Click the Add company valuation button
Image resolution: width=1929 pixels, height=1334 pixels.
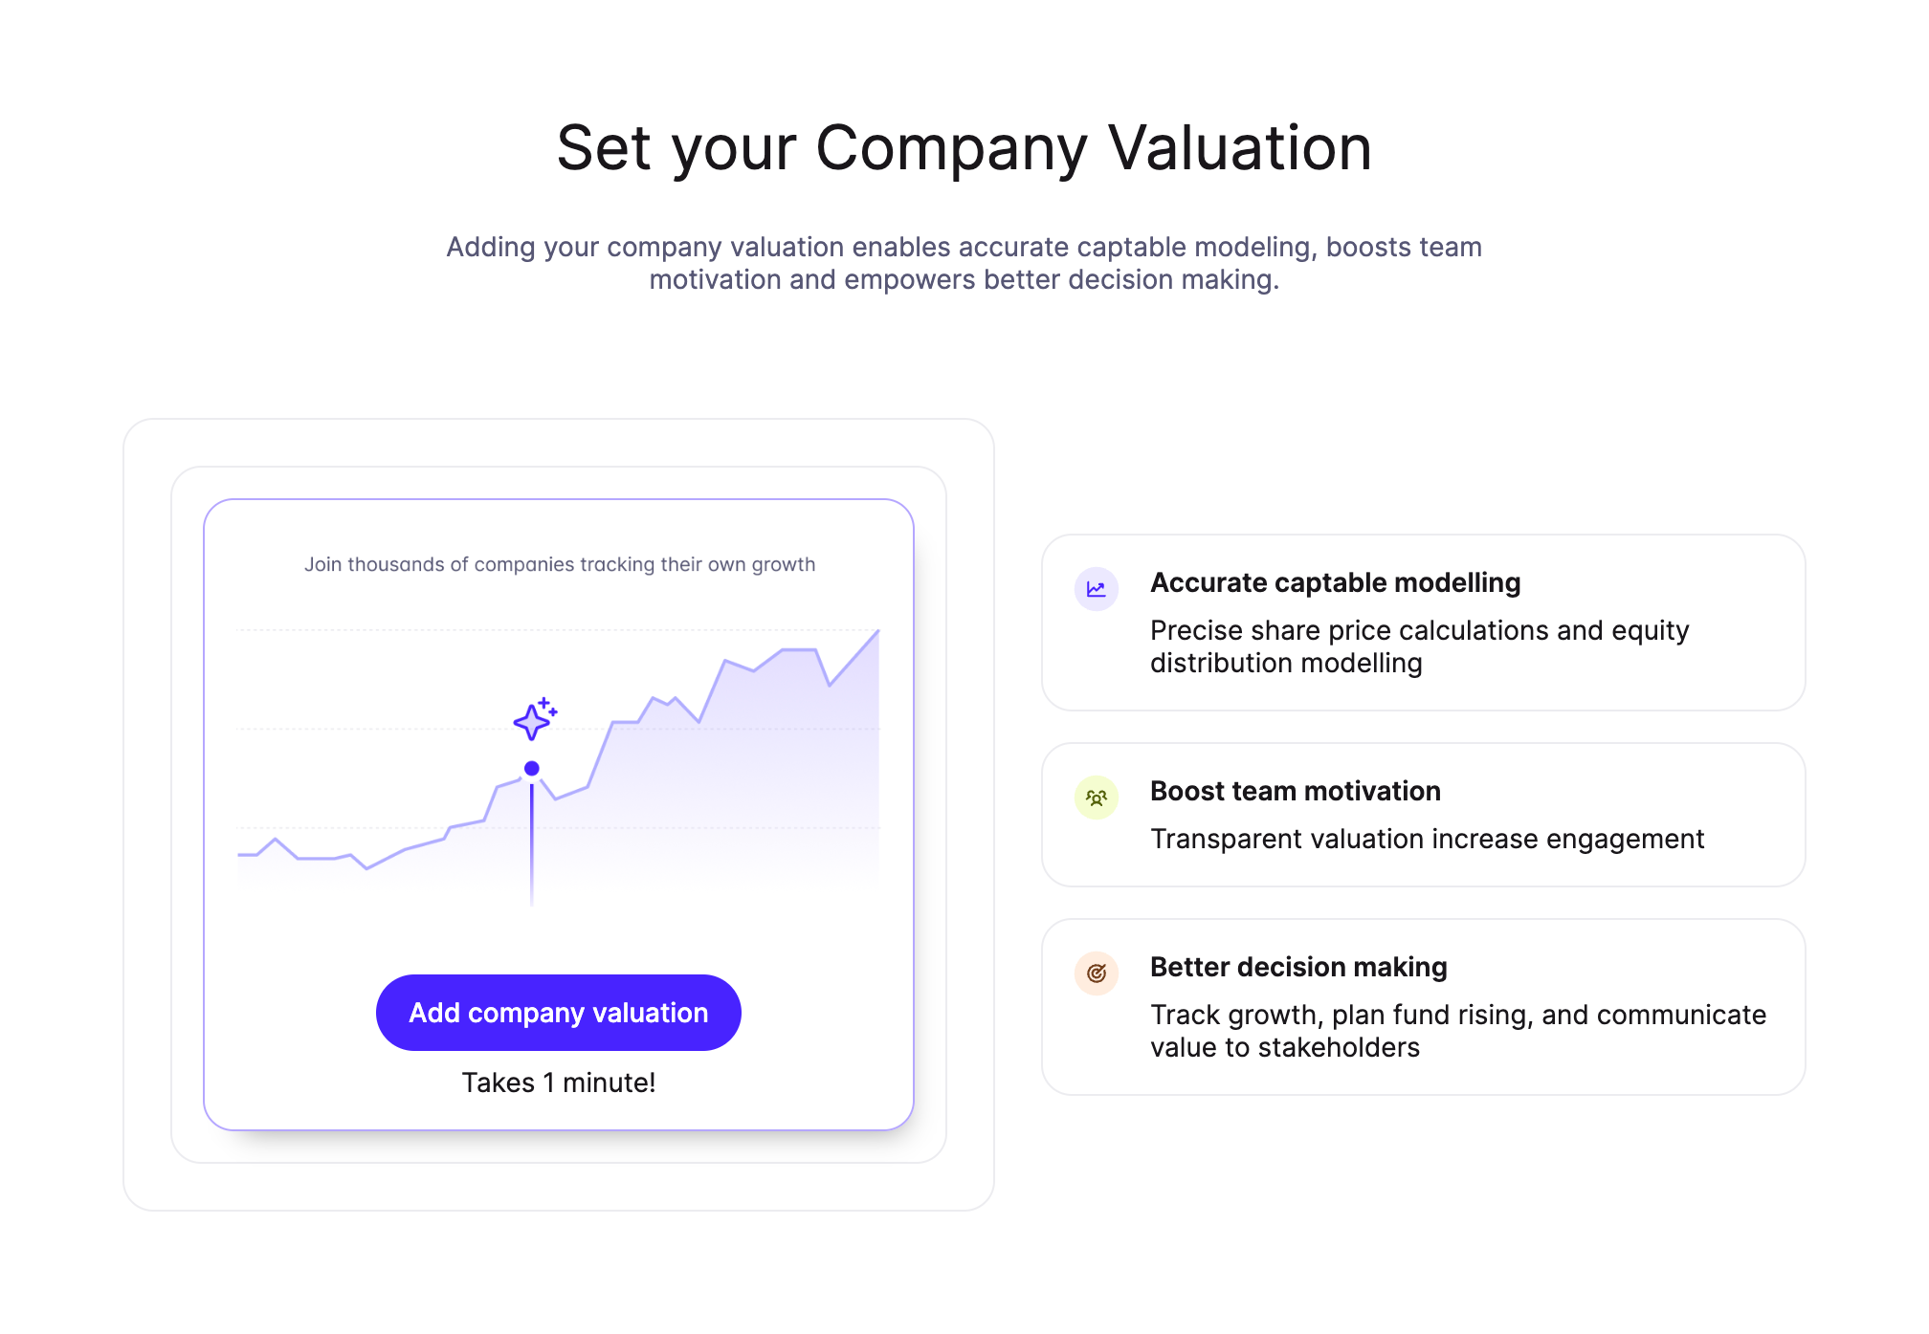coord(558,1013)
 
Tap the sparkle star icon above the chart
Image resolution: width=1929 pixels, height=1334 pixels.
coord(534,719)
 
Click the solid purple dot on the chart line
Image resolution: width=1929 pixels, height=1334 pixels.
coord(532,768)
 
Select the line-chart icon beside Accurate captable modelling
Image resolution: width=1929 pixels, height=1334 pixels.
coord(1097,589)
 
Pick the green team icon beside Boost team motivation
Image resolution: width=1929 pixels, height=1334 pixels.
coord(1097,798)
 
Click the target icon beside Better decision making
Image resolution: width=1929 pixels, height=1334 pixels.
coord(1097,973)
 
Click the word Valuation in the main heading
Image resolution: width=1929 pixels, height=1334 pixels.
coord(1240,148)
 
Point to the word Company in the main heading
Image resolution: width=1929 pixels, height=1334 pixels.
coord(951,150)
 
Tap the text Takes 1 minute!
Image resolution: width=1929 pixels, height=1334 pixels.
coord(559,1083)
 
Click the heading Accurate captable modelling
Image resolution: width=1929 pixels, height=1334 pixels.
coord(1335,582)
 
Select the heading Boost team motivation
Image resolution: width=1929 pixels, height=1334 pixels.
coord(1295,791)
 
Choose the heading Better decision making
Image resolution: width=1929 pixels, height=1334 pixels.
coord(1298,967)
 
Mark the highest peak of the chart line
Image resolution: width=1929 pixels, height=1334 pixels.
coord(878,630)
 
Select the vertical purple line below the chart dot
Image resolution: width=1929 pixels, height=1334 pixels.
coord(532,842)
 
